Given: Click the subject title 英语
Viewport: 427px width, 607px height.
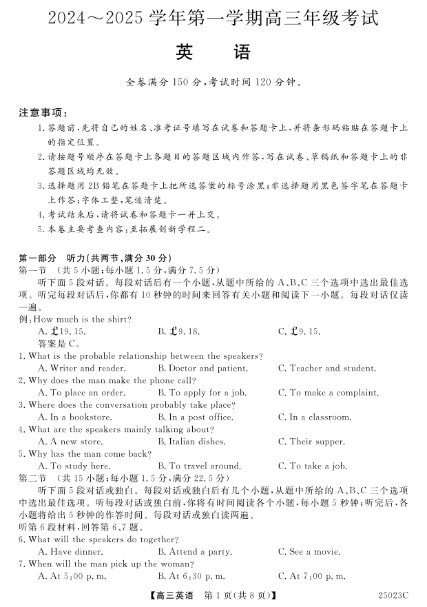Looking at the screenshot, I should click(213, 52).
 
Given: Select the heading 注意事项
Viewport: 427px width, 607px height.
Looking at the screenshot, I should click(43, 112).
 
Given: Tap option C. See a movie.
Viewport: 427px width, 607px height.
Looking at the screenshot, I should click(309, 552).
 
